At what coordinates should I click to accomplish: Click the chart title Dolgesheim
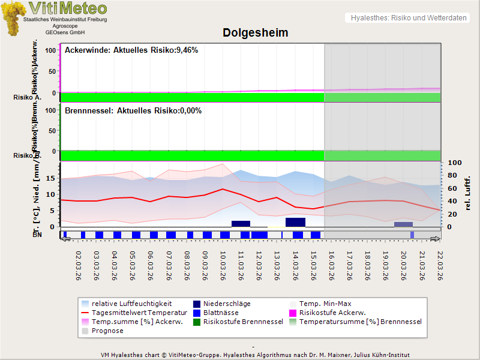click(256, 33)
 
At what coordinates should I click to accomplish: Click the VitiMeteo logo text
click(68, 8)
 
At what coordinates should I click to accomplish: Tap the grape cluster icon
click(13, 18)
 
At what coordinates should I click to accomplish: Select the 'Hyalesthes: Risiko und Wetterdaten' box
click(408, 18)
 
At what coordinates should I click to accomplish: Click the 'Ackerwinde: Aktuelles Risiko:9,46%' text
click(131, 50)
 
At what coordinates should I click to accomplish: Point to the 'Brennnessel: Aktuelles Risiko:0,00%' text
click(133, 111)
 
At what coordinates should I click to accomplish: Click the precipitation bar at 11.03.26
click(241, 223)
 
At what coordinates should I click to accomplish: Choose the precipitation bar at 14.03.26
click(295, 222)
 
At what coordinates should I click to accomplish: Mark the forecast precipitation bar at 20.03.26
click(403, 224)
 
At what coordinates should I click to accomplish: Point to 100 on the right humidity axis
click(454, 163)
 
